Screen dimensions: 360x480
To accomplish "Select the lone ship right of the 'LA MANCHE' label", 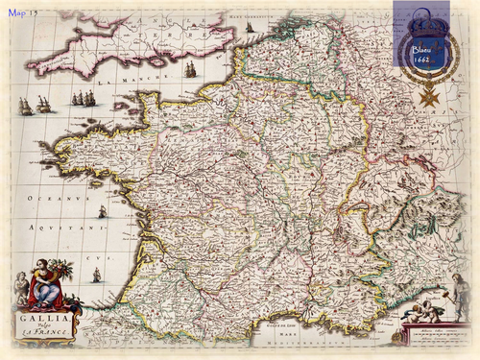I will [x=190, y=68].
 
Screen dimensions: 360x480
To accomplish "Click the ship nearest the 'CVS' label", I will [x=96, y=275].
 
